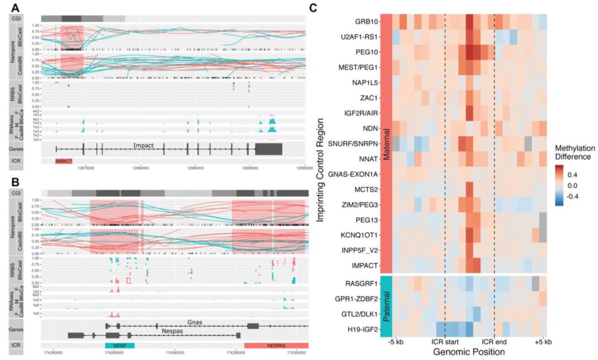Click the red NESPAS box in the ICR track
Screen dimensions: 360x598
pyautogui.click(x=276, y=345)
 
